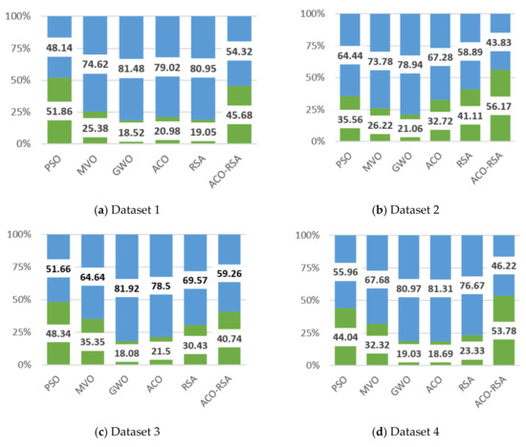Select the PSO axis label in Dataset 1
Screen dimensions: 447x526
55,157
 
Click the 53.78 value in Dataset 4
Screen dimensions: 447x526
495,331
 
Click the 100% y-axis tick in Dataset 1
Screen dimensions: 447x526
21,16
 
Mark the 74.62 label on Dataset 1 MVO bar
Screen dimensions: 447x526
102,65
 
